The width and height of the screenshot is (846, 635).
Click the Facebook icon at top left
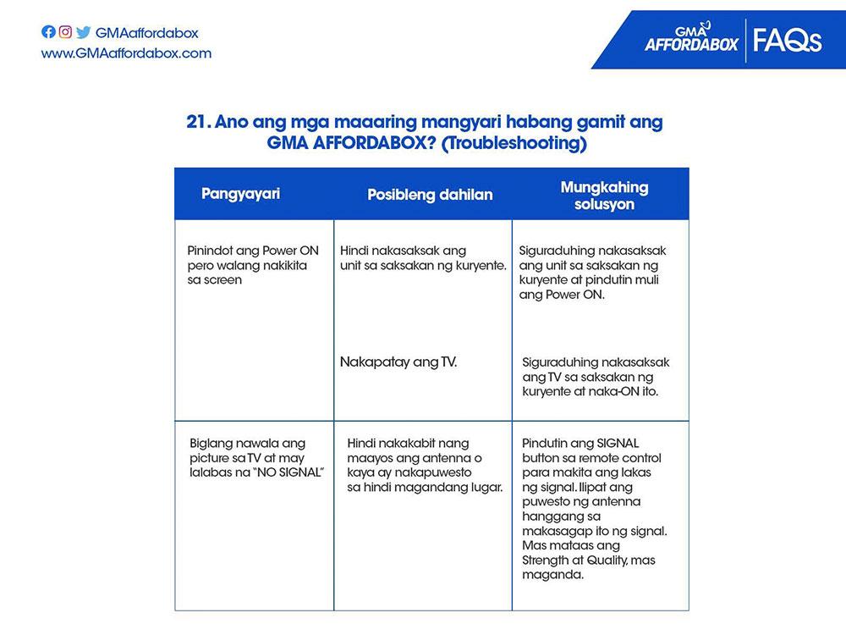click(x=48, y=33)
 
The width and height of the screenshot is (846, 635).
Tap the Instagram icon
click(x=65, y=33)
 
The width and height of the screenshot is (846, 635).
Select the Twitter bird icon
click(x=83, y=33)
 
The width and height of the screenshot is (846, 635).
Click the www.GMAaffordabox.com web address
click(x=126, y=53)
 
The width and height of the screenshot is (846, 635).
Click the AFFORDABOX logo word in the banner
click(x=690, y=42)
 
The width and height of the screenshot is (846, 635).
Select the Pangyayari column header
click(x=240, y=193)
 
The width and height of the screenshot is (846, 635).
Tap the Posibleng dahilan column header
click(x=430, y=195)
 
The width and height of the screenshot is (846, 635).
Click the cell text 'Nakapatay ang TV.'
click(x=398, y=362)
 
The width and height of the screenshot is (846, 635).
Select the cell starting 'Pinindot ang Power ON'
click(x=248, y=265)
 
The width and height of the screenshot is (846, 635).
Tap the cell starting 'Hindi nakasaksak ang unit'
click(x=423, y=258)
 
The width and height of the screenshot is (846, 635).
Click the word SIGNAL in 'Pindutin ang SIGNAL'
click(x=617, y=443)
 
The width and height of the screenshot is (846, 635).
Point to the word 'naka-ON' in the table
click(x=617, y=391)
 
